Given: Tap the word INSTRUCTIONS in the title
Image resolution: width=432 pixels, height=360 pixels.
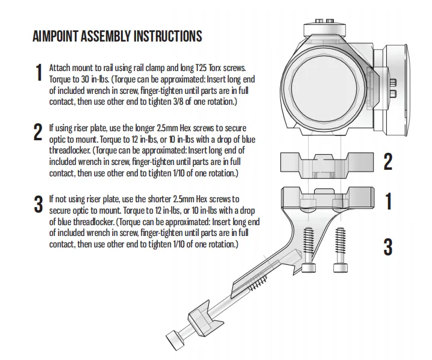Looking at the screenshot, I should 165,36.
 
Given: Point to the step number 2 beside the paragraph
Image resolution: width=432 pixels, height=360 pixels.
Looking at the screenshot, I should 39,132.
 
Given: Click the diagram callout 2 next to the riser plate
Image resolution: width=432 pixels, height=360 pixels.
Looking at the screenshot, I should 388,161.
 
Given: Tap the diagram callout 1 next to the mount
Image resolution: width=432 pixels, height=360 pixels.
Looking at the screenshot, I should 388,202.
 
